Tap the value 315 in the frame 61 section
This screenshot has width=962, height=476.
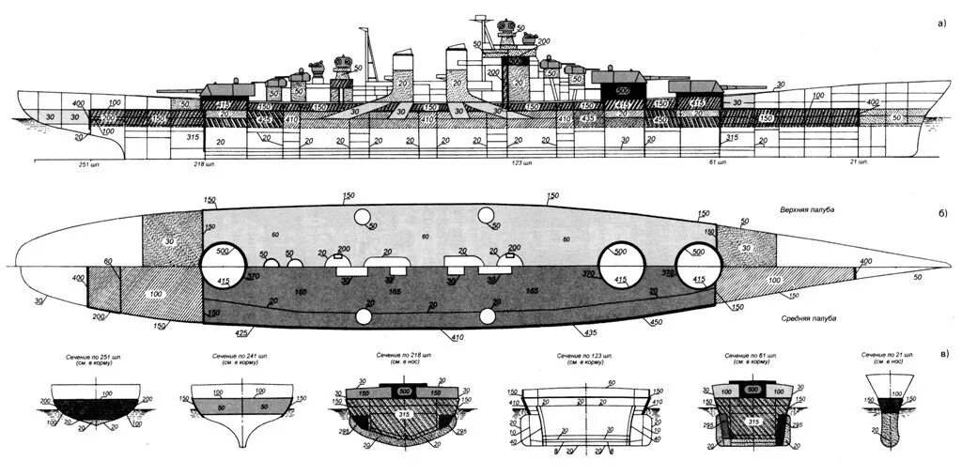(x=753, y=422)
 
